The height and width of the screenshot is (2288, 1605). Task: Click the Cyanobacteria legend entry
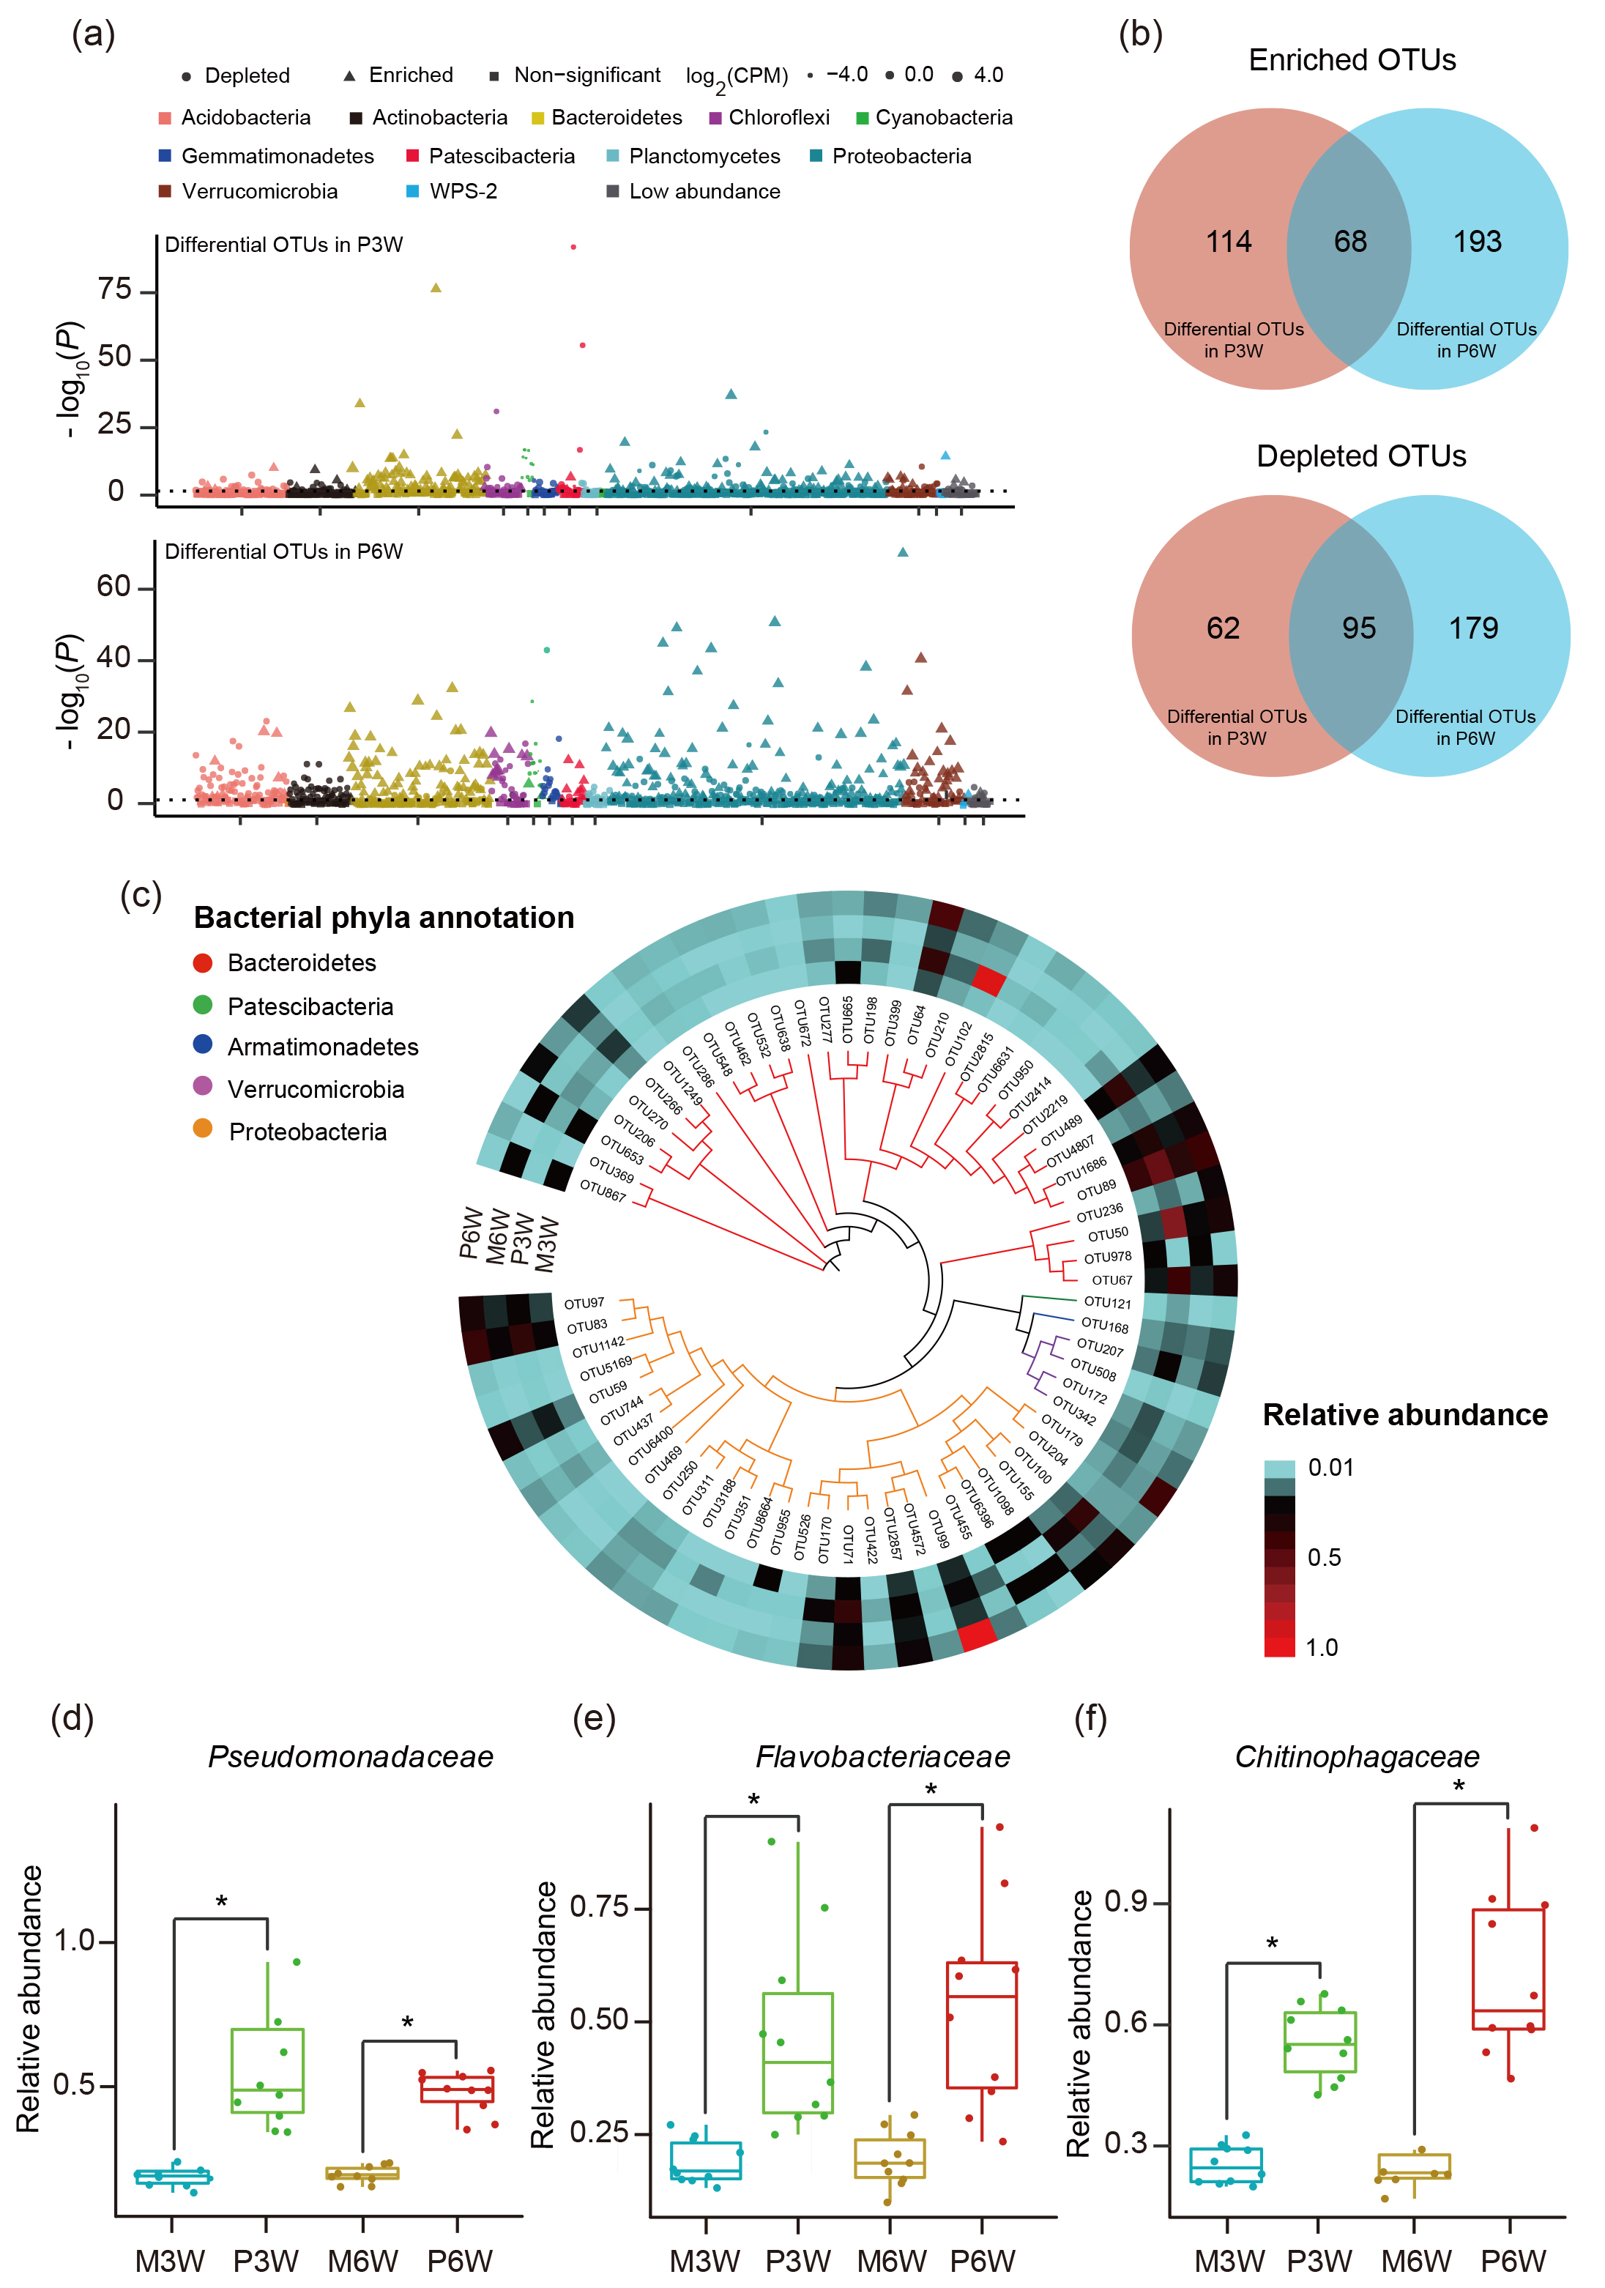point(942,118)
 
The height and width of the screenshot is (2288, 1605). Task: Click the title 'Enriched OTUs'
point(1352,60)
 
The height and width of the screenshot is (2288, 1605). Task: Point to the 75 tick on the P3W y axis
point(116,290)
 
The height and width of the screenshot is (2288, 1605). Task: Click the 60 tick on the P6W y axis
point(113,586)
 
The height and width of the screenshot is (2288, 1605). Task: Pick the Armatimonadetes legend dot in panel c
point(204,1044)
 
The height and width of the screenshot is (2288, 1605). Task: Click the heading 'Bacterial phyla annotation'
point(384,917)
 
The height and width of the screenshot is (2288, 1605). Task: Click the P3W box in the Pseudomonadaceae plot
point(267,2070)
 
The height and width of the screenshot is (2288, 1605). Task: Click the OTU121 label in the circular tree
point(1107,1302)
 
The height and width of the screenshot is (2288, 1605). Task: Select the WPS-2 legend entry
point(462,191)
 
